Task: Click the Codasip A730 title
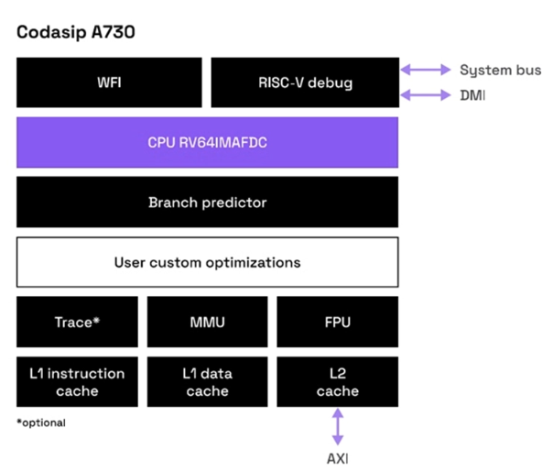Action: pyautogui.click(x=74, y=32)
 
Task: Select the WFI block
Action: pyautogui.click(x=109, y=82)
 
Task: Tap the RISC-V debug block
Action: pyautogui.click(x=304, y=82)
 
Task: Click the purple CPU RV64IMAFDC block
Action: pyautogui.click(x=207, y=142)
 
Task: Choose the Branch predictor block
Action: pyautogui.click(x=207, y=202)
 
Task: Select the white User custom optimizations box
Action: pyautogui.click(x=207, y=262)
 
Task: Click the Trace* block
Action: pyautogui.click(x=77, y=322)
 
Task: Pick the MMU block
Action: pyautogui.click(x=207, y=322)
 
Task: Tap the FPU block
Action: pyautogui.click(x=337, y=322)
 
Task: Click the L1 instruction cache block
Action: pyautogui.click(x=77, y=382)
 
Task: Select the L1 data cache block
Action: pyautogui.click(x=207, y=382)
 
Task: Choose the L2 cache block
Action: pyautogui.click(x=337, y=382)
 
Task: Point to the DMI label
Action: pyautogui.click(x=472, y=94)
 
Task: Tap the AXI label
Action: pyautogui.click(x=337, y=457)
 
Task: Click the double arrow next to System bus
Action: pyautogui.click(x=425, y=70)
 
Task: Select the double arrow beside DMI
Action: pyautogui.click(x=425, y=94)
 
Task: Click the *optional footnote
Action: pyautogui.click(x=41, y=422)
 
